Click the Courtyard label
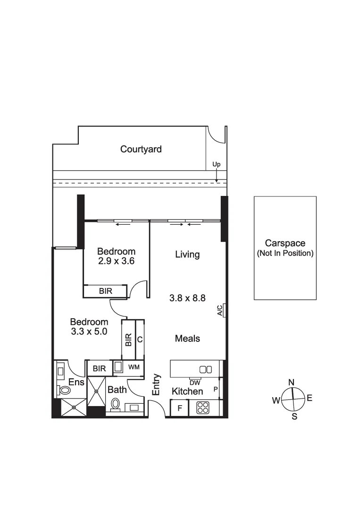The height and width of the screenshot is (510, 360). tap(141, 149)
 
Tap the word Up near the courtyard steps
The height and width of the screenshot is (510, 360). tap(216, 164)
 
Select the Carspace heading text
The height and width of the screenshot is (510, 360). tap(285, 244)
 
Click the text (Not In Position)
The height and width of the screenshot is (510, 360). tap(285, 254)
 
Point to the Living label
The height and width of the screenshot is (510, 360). tap(187, 255)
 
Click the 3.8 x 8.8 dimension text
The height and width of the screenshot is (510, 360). tap(187, 298)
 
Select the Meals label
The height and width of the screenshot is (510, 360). tap(187, 339)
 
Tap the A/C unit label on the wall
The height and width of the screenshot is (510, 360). tap(220, 310)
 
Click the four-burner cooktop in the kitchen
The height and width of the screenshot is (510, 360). tap(203, 408)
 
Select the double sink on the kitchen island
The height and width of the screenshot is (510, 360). tap(206, 369)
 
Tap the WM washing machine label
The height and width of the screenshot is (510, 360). tap(134, 367)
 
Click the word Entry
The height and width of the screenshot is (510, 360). tap(157, 385)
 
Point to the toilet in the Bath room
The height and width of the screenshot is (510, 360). tap(115, 404)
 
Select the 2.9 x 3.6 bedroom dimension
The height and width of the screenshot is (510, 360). tap(116, 260)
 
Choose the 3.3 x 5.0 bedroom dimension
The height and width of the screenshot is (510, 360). tap(89, 331)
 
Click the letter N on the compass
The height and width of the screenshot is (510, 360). tap(292, 382)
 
